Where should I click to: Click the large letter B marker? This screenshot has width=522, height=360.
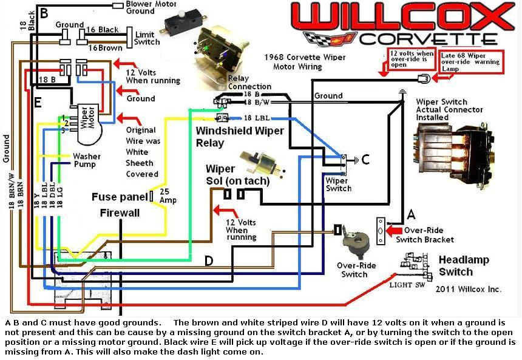43,12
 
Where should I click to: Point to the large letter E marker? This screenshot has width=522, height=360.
37,103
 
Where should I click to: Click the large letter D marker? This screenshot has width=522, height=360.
208,261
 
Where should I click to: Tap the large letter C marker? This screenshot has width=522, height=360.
365,160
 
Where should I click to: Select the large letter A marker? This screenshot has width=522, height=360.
411,214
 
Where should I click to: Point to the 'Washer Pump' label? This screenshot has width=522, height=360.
87,160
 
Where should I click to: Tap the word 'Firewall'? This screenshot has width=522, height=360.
120,213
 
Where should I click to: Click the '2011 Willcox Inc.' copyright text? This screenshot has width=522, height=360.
468,289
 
